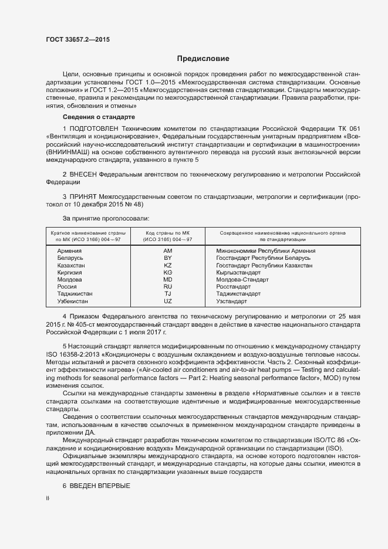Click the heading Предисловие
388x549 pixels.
204,59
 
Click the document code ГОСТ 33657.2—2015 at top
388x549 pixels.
77,40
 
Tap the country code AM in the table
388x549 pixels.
168,251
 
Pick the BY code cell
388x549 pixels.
168,258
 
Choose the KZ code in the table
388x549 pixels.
168,266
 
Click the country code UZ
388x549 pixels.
168,301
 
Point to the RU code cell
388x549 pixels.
168,287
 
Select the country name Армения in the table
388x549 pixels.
70,251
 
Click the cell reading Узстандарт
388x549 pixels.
232,301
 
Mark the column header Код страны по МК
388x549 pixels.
168,236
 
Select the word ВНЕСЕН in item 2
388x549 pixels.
82,174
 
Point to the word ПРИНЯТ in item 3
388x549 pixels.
83,197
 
